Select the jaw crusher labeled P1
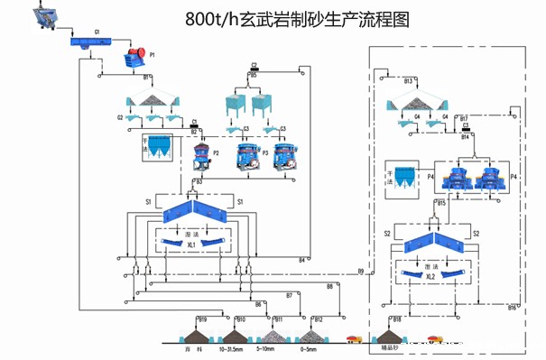pos(136,56)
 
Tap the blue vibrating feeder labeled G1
pos(86,41)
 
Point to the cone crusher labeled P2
pos(207,155)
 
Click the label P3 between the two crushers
pos(265,154)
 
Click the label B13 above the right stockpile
pos(408,82)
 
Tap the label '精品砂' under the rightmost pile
pos(391,346)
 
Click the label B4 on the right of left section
pos(302,260)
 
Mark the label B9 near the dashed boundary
pos(361,271)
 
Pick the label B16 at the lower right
pos(512,309)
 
